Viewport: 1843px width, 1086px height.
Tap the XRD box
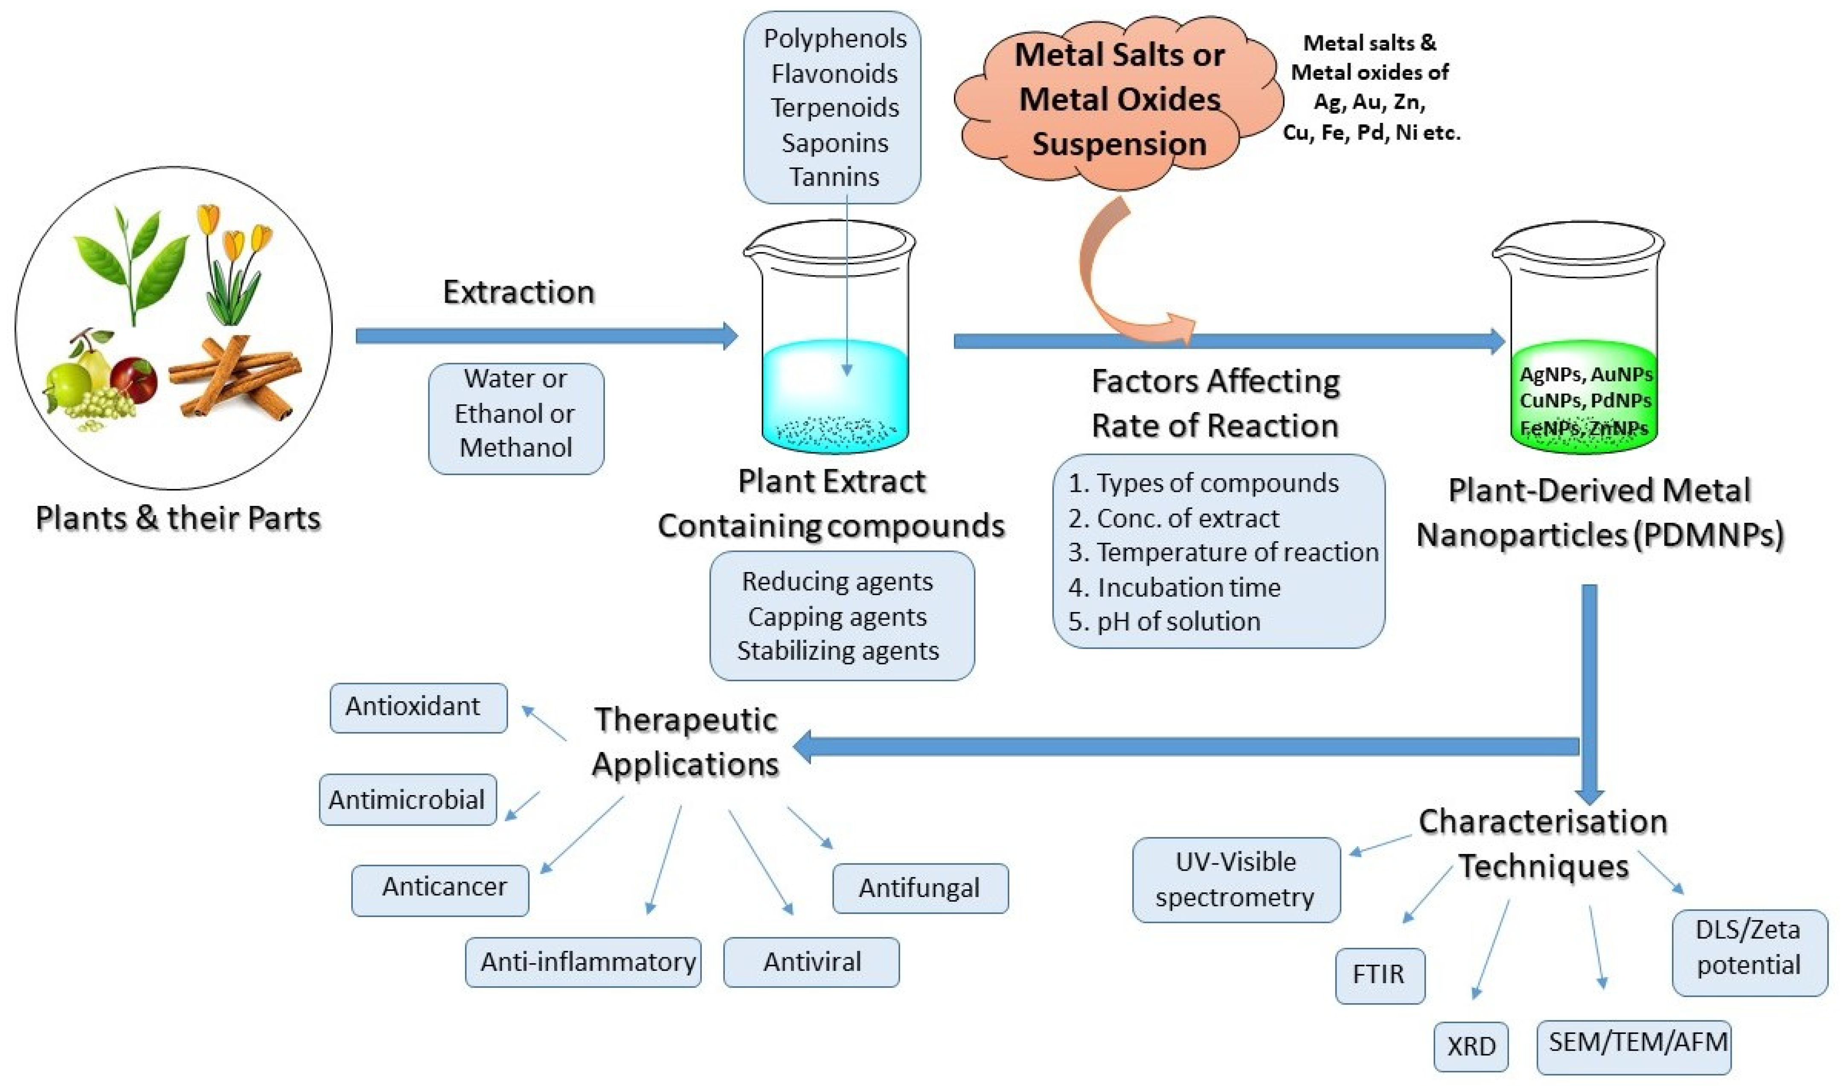1471,1046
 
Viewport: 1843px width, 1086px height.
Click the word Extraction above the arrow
518,293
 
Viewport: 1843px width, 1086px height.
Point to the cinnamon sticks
238,380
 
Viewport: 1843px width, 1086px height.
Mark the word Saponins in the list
834,143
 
